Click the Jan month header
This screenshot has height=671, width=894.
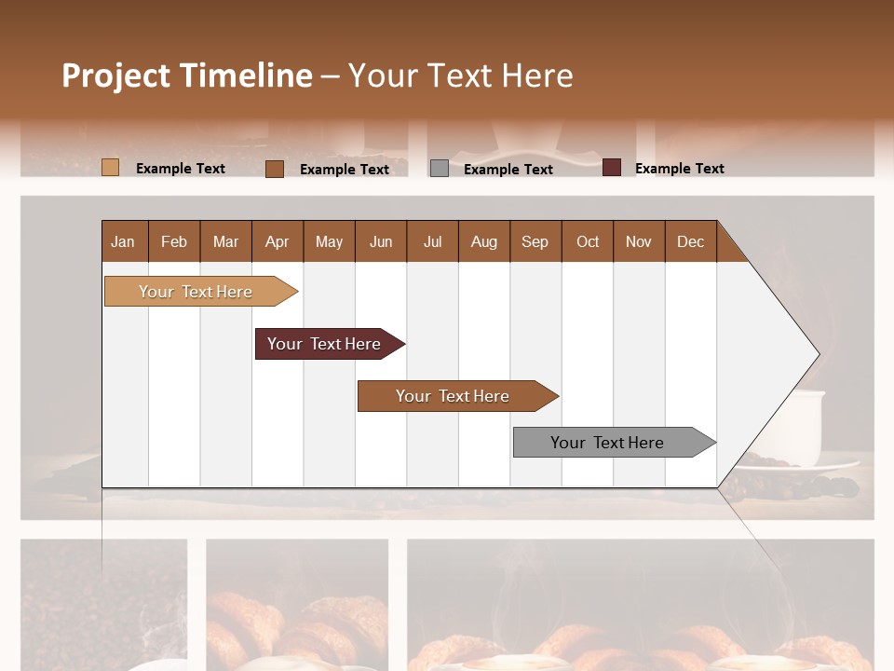[x=123, y=241]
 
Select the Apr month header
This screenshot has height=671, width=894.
[x=277, y=241]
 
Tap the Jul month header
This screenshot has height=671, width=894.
[x=432, y=241]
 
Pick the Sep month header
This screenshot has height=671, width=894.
[x=535, y=241]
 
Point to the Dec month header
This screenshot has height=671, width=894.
[x=690, y=241]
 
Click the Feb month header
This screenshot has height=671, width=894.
[x=174, y=241]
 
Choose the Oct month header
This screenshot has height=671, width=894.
[x=588, y=241]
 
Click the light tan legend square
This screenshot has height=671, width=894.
[x=111, y=168]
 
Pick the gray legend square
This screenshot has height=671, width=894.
[x=440, y=169]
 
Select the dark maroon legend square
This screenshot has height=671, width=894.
[x=612, y=168]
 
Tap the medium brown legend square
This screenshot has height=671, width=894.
[x=275, y=169]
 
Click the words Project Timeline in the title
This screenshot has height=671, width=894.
[x=186, y=75]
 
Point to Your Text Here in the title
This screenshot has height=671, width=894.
[x=461, y=75]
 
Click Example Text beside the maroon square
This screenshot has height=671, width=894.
[x=680, y=169]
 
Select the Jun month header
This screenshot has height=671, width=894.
[x=381, y=241]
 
